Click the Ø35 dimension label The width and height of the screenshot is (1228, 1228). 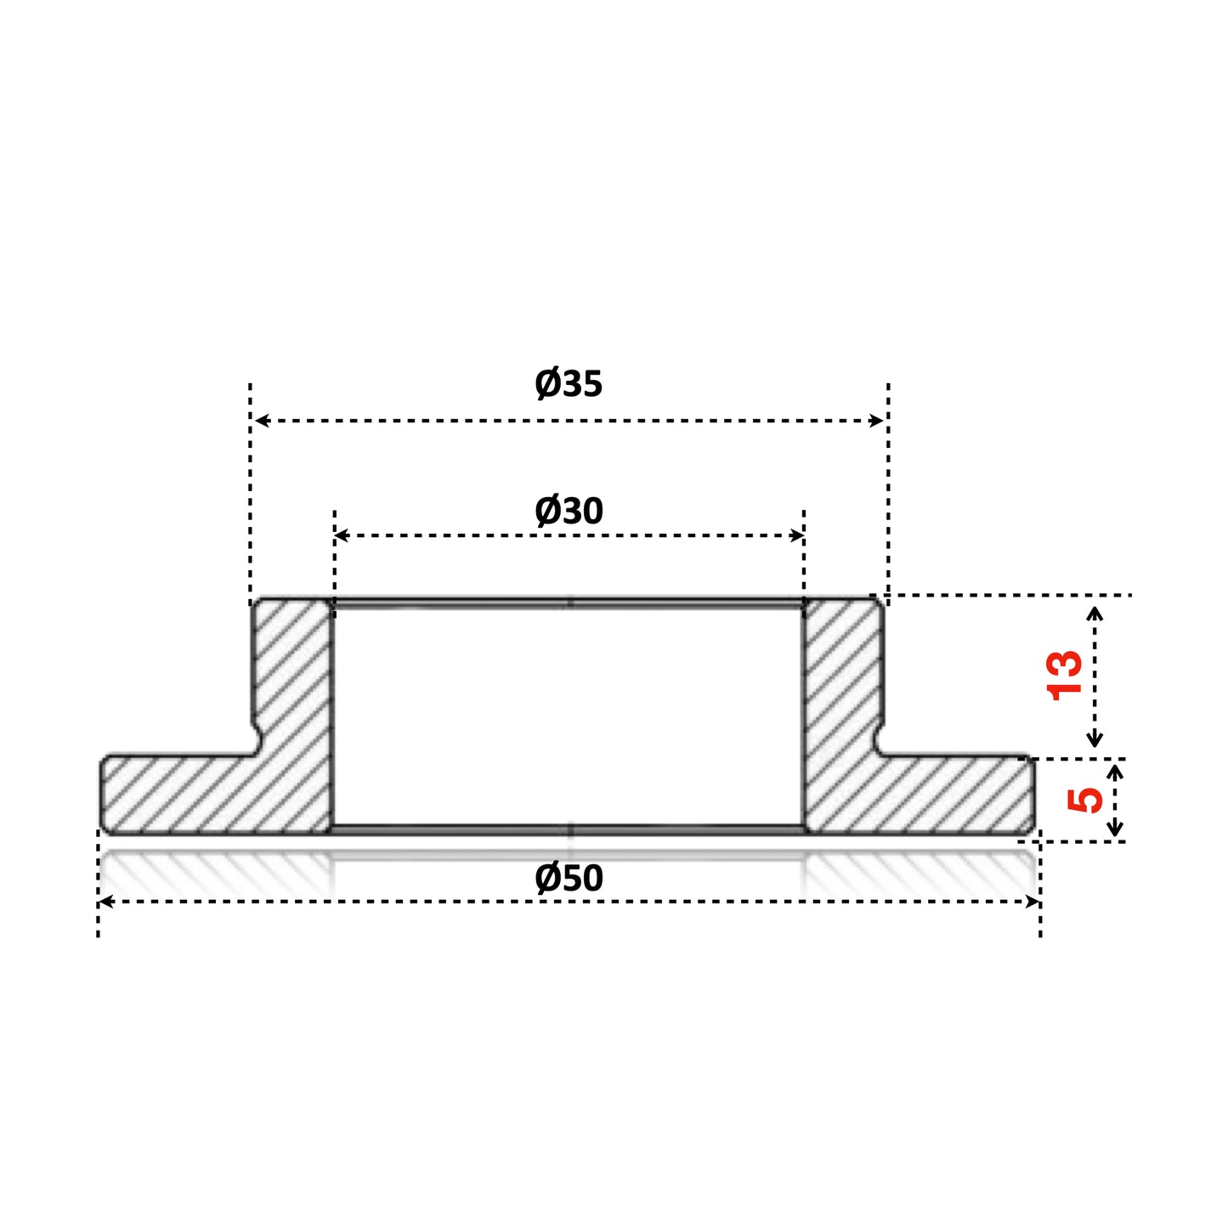tap(569, 383)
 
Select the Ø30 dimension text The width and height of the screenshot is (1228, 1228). tap(569, 511)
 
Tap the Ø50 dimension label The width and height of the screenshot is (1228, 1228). tap(569, 878)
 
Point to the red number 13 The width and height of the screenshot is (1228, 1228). tap(1065, 676)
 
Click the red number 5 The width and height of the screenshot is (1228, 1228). tap(1084, 801)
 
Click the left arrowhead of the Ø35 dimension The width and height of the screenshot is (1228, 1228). tap(262, 421)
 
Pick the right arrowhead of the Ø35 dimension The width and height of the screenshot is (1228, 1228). tap(876, 421)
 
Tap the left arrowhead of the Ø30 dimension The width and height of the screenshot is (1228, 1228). tap(342, 535)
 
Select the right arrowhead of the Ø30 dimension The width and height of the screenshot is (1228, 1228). tap(796, 535)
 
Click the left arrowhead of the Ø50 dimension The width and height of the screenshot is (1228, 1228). tap(106, 902)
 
